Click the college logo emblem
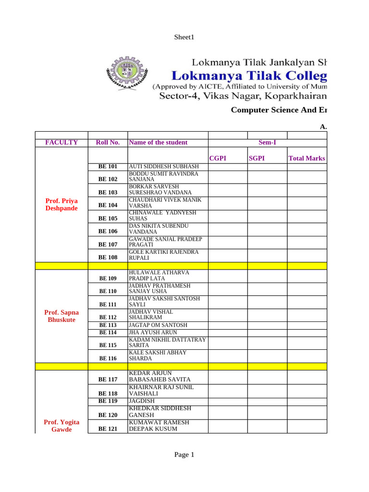coord(126,74)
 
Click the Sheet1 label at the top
coord(184,37)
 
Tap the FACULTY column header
coord(61,143)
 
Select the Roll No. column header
coord(108,143)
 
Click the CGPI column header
coord(218,159)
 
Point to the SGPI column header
coord(257,159)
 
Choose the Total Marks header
coord(307,159)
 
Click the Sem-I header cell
coord(267,143)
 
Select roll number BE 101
coord(108,167)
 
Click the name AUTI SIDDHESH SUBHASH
coord(164,167)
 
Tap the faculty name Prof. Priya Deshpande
coord(61,205)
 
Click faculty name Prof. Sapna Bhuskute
coord(61,316)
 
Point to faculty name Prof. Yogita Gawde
coord(61,426)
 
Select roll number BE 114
coord(108,332)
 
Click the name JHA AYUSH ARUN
coord(153,332)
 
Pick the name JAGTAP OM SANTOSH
coord(158,325)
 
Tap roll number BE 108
coord(108,257)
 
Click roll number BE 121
coord(108,429)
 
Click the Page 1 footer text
coord(184,455)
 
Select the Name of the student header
coord(158,143)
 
